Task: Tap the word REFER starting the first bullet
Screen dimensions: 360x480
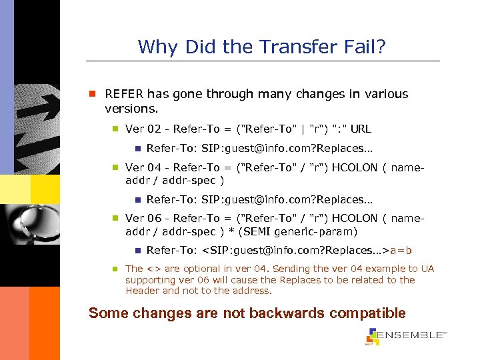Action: tap(125, 94)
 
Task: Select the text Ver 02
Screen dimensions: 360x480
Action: tap(144, 129)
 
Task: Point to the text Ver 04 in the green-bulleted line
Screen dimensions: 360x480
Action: tap(144, 169)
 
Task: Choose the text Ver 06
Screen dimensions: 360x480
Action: tap(144, 218)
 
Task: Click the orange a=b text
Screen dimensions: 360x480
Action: tap(401, 251)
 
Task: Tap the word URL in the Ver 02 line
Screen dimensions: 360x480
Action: tap(360, 129)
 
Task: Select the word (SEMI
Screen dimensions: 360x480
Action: tap(261, 231)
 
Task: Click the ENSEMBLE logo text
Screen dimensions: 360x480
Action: tap(411, 335)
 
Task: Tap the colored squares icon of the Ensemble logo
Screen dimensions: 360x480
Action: tap(372, 336)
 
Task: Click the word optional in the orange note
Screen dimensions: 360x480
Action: tap(203, 269)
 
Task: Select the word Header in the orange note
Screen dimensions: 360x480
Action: tap(142, 291)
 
